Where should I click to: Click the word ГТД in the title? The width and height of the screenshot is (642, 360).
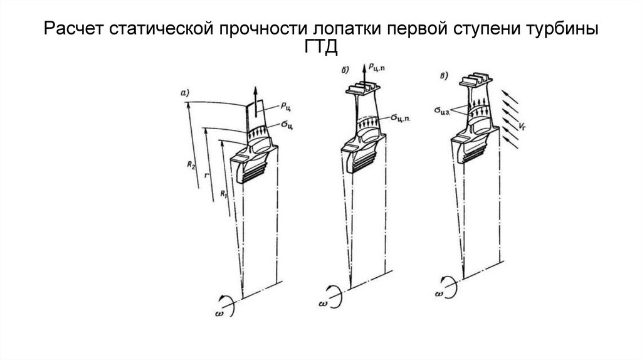point(320,48)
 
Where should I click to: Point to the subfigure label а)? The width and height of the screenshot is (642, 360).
point(186,93)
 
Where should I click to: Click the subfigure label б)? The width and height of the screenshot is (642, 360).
point(345,71)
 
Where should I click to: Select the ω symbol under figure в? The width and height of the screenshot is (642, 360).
point(440,294)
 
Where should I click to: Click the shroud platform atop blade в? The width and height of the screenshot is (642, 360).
point(474,82)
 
